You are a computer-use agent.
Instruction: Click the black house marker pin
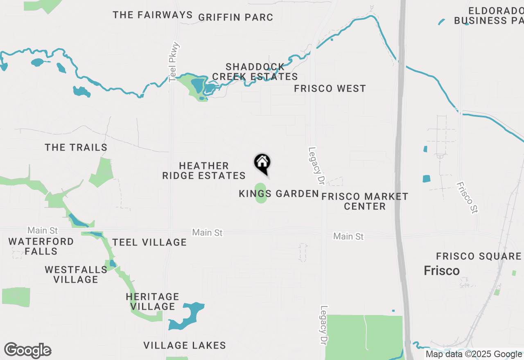click(x=262, y=163)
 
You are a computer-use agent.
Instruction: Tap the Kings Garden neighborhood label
click(x=278, y=193)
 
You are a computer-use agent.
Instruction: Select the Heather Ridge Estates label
click(x=204, y=171)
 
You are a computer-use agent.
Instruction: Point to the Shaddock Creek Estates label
click(x=255, y=72)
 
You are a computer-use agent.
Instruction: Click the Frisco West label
click(x=330, y=88)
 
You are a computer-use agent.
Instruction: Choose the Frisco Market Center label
click(x=365, y=201)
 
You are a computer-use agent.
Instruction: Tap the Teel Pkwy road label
click(x=174, y=62)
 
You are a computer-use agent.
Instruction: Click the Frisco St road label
click(x=468, y=198)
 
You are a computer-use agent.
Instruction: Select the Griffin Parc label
click(x=235, y=17)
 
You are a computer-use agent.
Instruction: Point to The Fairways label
click(x=153, y=15)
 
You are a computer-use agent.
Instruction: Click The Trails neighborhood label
click(x=76, y=147)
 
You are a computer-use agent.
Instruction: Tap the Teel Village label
click(x=149, y=242)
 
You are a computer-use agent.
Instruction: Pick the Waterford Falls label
click(x=41, y=246)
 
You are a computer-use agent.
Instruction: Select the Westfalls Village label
click(x=76, y=274)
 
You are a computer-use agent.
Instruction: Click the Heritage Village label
click(x=152, y=301)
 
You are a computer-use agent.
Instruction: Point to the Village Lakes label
click(x=185, y=345)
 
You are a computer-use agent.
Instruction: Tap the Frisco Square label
click(x=478, y=256)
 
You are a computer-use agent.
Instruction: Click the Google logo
click(x=27, y=351)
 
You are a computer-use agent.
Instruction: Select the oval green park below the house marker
click(x=260, y=193)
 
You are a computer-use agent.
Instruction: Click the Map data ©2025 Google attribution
click(x=474, y=354)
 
